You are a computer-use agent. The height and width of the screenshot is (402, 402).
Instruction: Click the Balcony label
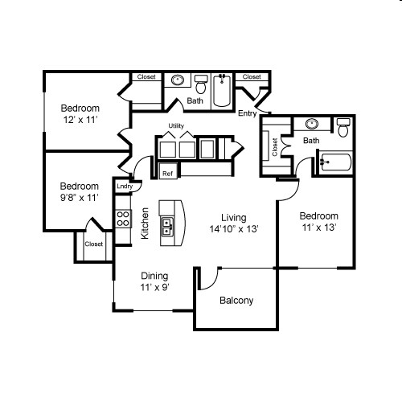click(x=236, y=301)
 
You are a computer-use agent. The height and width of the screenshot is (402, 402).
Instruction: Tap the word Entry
click(x=247, y=113)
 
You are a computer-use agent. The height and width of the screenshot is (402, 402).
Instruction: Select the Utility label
click(x=177, y=126)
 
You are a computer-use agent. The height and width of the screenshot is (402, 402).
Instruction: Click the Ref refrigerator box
click(x=167, y=173)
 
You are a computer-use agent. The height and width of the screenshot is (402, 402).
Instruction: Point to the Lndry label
click(x=124, y=187)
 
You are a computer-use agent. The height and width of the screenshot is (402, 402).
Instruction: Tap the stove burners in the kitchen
click(x=123, y=219)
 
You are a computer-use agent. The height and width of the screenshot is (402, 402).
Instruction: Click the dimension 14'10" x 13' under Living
click(x=233, y=229)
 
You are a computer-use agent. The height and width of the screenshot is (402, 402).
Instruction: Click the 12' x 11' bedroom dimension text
click(x=80, y=119)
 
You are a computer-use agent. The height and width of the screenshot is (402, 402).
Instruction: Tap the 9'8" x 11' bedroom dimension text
click(x=80, y=197)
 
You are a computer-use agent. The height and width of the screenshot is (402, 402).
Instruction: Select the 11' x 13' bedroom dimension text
click(x=318, y=228)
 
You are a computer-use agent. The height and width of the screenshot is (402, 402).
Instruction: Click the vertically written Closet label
click(x=274, y=146)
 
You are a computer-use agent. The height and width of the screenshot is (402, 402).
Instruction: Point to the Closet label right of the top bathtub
click(x=252, y=77)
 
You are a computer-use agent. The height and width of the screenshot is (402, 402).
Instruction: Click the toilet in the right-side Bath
click(x=343, y=127)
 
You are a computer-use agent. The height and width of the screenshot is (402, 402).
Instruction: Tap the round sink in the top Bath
click(x=177, y=80)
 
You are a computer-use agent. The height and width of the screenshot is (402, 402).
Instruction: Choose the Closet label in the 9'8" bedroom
click(x=94, y=244)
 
